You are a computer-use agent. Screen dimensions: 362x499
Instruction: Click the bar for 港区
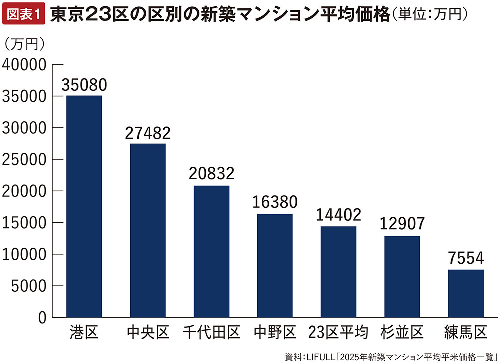tap(84, 206)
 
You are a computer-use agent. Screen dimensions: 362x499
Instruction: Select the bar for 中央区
tap(148, 230)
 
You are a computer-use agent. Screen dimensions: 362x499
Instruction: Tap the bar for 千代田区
tap(211, 251)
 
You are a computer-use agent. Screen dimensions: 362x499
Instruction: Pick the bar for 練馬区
tap(466, 293)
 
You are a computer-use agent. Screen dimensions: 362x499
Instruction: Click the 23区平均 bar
tap(338, 272)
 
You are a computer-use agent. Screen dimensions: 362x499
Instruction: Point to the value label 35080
tap(84, 85)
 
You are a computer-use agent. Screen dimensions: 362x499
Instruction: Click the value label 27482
tap(148, 133)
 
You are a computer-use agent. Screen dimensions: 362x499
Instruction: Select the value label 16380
tap(274, 203)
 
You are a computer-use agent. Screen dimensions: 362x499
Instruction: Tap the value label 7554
tap(466, 259)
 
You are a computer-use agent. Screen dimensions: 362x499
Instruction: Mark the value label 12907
tap(402, 225)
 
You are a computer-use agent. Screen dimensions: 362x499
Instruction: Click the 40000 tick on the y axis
tap(25, 65)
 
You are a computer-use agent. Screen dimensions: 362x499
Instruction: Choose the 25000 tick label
tap(25, 160)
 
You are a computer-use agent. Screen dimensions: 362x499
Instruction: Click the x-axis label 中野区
tap(274, 332)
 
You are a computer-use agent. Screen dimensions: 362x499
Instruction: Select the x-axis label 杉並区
tap(402, 332)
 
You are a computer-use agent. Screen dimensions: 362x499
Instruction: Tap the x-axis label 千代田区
tap(211, 332)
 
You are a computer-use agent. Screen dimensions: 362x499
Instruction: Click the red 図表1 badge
tap(23, 15)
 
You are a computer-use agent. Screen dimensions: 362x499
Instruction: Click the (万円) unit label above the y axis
tap(25, 44)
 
